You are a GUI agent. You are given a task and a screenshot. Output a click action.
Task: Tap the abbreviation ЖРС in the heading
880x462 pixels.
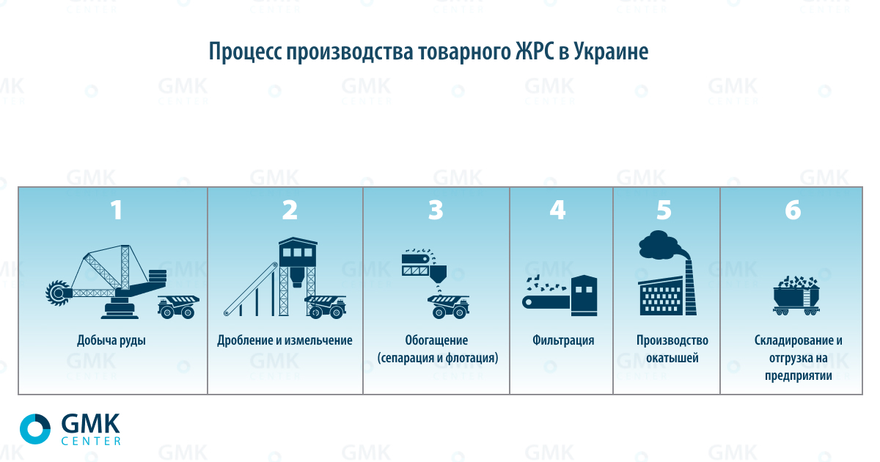[534, 51]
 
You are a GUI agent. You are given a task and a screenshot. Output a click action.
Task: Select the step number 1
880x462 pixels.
[117, 210]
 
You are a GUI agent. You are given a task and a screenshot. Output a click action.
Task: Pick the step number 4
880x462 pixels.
[557, 210]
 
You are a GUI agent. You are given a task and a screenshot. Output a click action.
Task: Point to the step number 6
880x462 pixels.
[793, 210]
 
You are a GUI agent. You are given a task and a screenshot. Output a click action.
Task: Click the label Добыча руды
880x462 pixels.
[111, 340]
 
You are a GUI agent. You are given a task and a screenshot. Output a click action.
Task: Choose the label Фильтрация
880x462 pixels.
[563, 340]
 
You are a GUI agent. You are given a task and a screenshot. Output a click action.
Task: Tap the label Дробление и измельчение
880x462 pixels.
[285, 340]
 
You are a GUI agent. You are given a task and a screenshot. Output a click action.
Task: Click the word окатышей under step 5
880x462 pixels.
[672, 358]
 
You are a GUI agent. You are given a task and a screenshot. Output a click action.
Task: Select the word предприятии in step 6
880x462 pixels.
[799, 376]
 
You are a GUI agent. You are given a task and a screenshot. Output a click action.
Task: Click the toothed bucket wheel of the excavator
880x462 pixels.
[58, 293]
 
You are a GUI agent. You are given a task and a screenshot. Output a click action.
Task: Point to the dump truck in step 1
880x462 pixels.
[178, 307]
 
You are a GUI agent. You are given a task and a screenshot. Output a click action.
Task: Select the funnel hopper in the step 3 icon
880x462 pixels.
[438, 274]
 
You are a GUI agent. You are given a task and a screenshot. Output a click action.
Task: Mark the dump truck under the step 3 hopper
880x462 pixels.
[449, 307]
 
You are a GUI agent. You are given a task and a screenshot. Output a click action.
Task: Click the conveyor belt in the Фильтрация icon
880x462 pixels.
[546, 302]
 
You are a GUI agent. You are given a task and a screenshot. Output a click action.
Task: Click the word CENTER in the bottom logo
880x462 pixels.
[91, 441]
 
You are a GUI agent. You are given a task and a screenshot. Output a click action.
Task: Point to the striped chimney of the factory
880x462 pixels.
[690, 287]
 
